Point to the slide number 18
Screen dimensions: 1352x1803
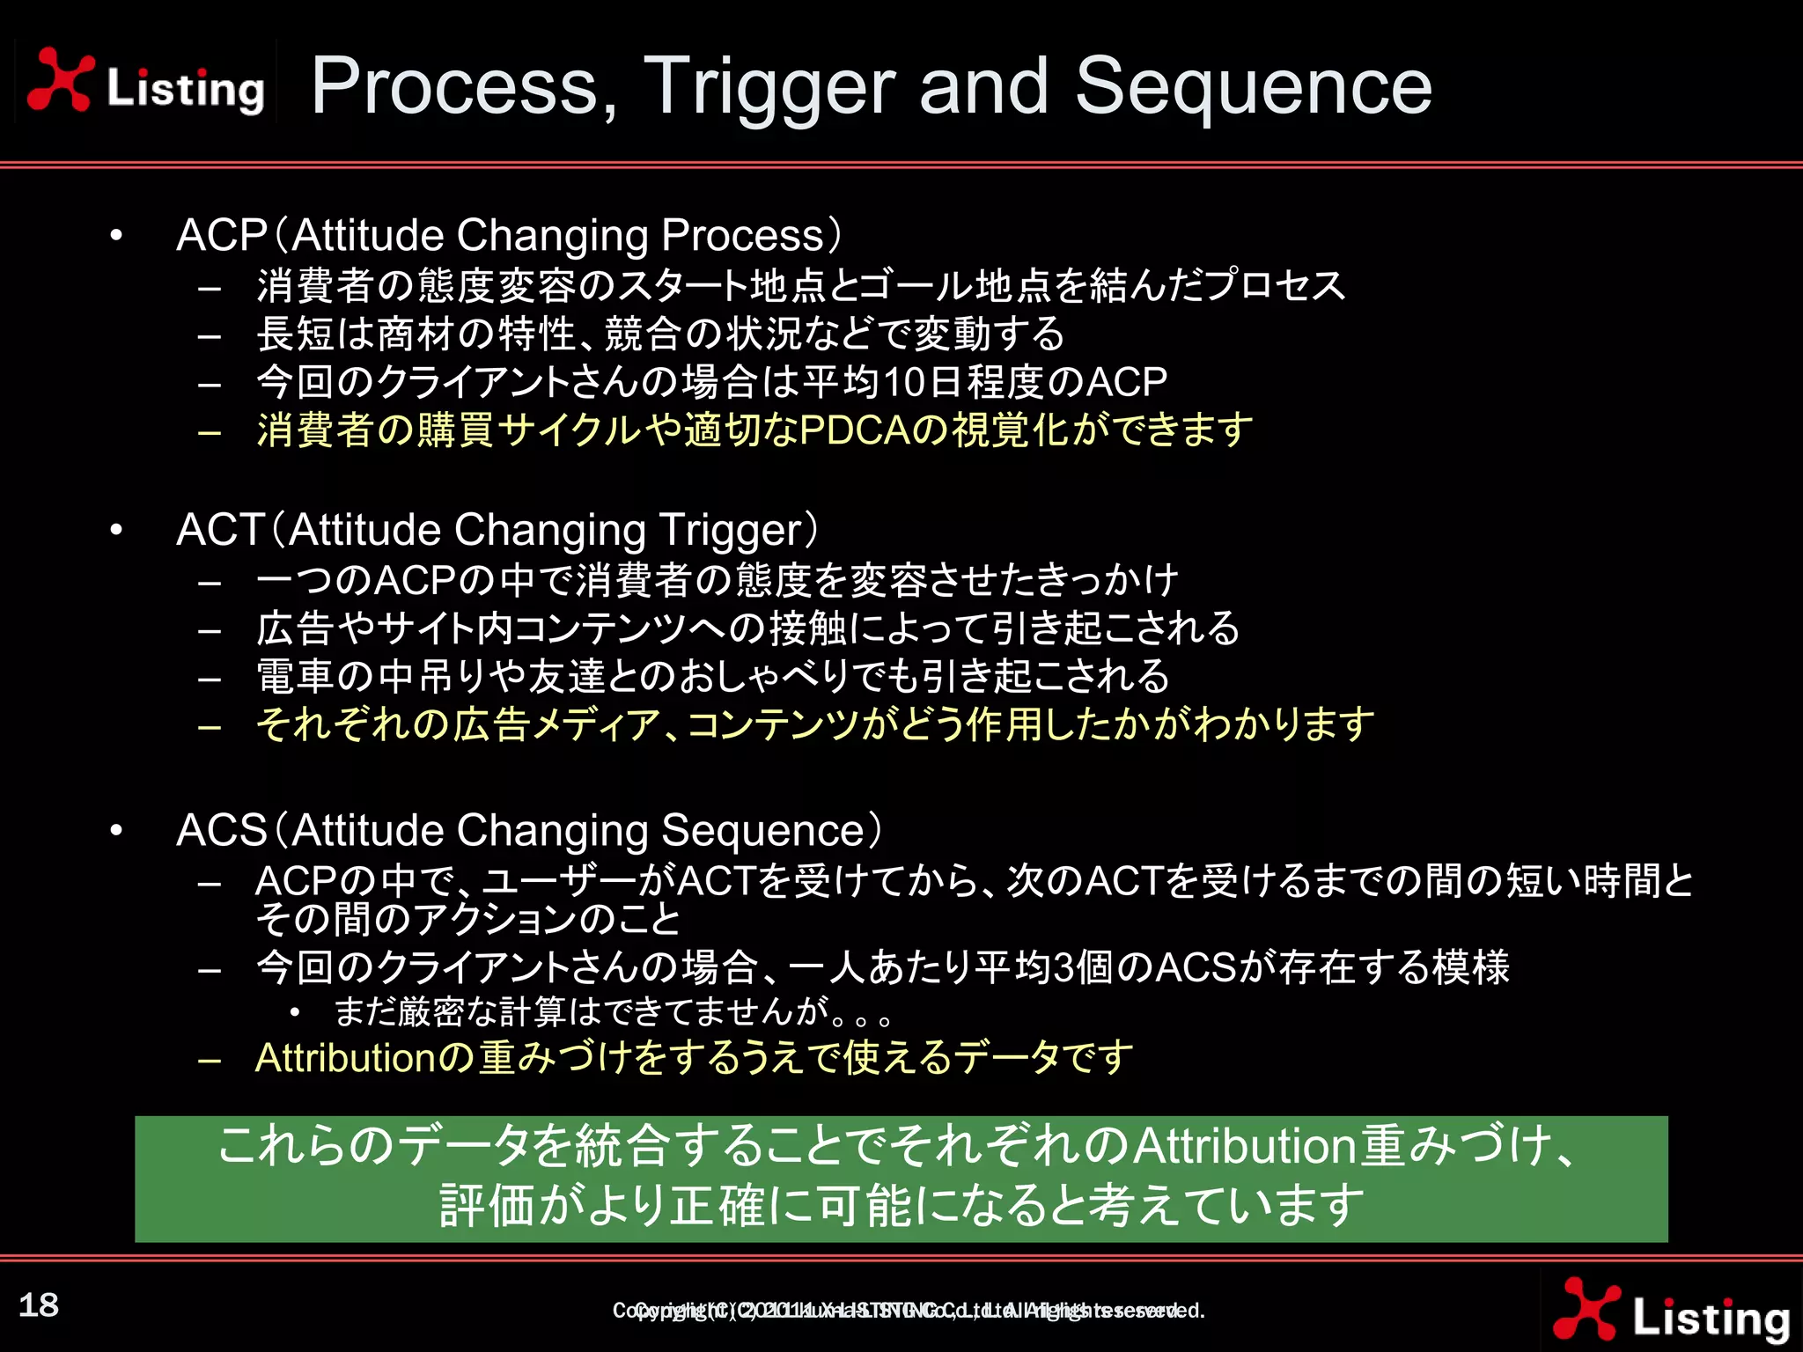[x=39, y=1304]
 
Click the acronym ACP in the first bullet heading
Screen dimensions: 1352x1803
[x=221, y=235]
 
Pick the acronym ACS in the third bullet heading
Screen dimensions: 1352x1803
[x=221, y=830]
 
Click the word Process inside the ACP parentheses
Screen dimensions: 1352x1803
[x=741, y=235]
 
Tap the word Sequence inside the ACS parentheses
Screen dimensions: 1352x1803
[x=762, y=830]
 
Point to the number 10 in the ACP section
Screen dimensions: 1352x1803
[x=903, y=382]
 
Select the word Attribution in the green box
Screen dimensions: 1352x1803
[x=1244, y=1146]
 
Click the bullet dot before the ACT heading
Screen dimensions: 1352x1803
[x=116, y=530]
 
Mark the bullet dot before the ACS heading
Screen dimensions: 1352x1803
[x=116, y=830]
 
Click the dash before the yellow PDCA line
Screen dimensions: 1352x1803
[x=210, y=431]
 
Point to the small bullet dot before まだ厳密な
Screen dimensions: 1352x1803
[x=295, y=1012]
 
